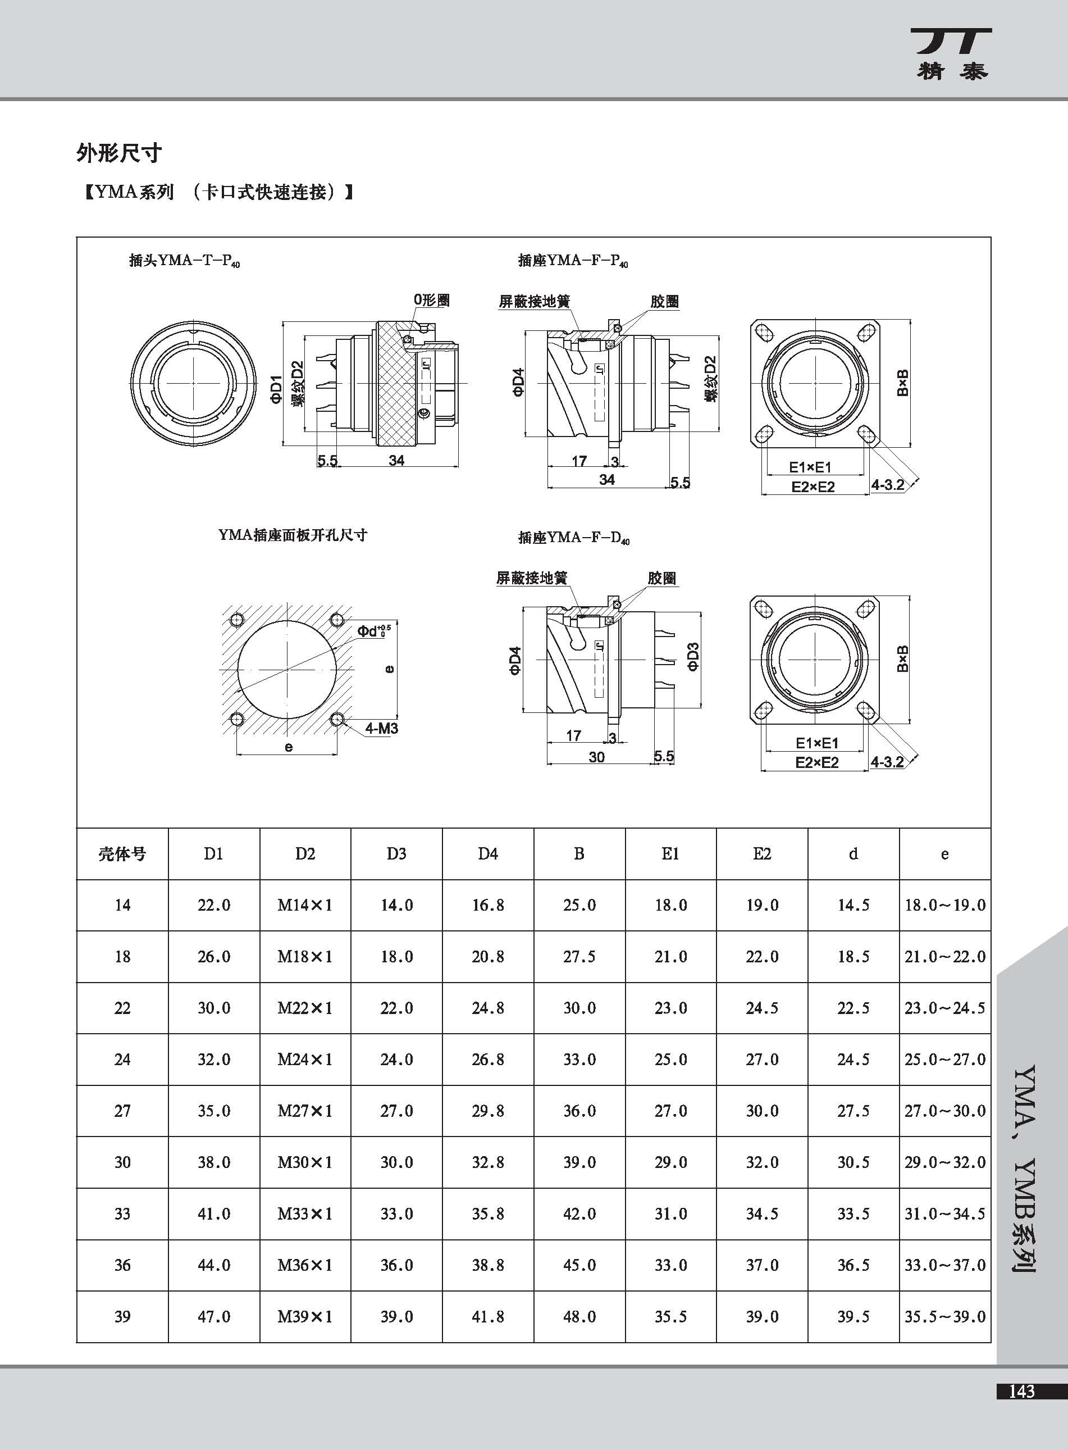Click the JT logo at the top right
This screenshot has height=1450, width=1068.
click(952, 53)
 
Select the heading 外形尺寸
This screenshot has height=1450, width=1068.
click(119, 153)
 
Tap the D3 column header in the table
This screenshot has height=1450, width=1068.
click(396, 854)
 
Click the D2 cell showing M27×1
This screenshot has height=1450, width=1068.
click(304, 1111)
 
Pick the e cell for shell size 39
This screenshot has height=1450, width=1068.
click(944, 1316)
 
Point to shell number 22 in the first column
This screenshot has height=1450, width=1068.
click(122, 1008)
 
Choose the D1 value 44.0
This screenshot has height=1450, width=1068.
click(214, 1265)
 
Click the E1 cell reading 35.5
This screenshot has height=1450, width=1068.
click(670, 1316)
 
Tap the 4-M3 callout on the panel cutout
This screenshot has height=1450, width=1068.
click(381, 728)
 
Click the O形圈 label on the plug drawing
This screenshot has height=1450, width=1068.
click(432, 300)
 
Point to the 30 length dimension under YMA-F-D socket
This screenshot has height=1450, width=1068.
click(596, 757)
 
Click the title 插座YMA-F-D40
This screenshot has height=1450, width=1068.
click(573, 538)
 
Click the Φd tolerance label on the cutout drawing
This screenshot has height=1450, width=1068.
click(373, 630)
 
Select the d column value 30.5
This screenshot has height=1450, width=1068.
click(854, 1162)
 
